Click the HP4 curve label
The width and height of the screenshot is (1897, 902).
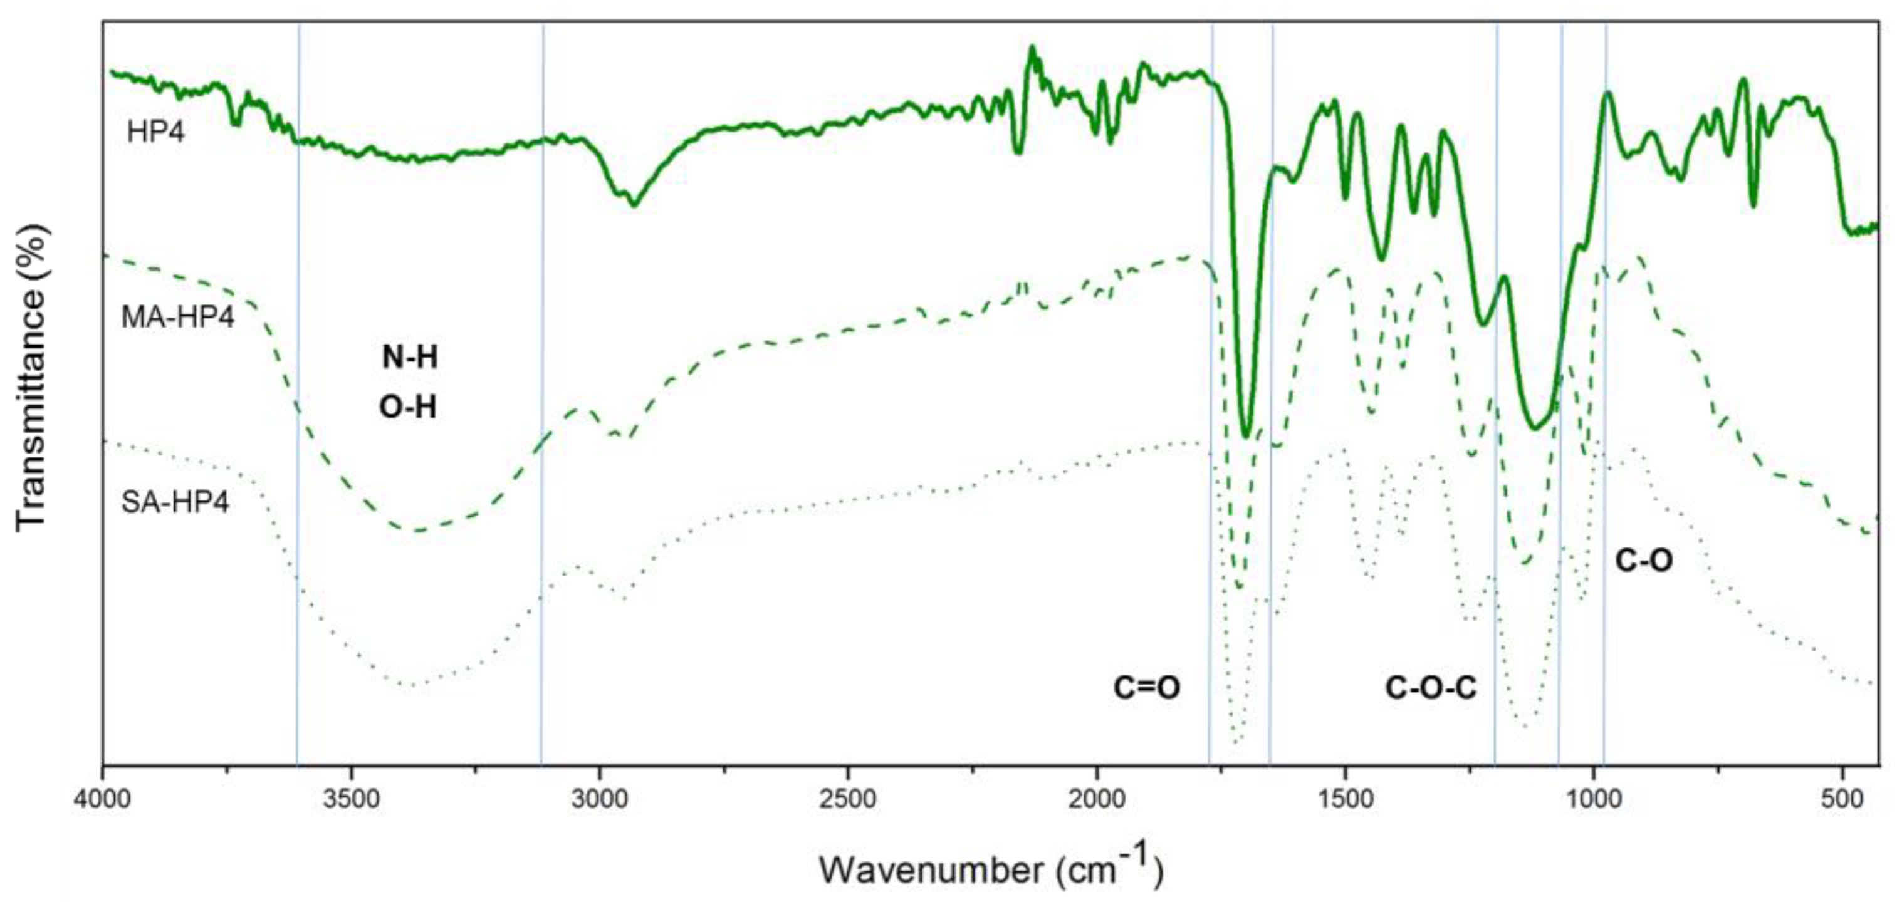[x=155, y=133]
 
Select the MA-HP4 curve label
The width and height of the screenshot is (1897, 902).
[x=178, y=318]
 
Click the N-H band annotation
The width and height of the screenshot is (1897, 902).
[x=409, y=358]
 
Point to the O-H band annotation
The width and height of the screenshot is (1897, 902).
[x=408, y=407]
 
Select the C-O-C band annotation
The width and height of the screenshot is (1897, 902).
[x=1430, y=688]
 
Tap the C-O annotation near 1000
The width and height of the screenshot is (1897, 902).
[x=1644, y=561]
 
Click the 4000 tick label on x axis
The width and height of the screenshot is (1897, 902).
[x=103, y=799]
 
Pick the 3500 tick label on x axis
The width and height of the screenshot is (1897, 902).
[x=352, y=799]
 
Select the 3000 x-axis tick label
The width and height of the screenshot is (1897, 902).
[x=600, y=799]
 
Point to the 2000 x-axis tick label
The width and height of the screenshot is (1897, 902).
[x=1097, y=799]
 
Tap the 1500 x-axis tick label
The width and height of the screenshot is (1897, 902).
[x=1346, y=799]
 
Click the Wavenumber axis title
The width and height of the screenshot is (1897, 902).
[x=990, y=869]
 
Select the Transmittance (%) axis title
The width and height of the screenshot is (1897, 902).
[x=33, y=377]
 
